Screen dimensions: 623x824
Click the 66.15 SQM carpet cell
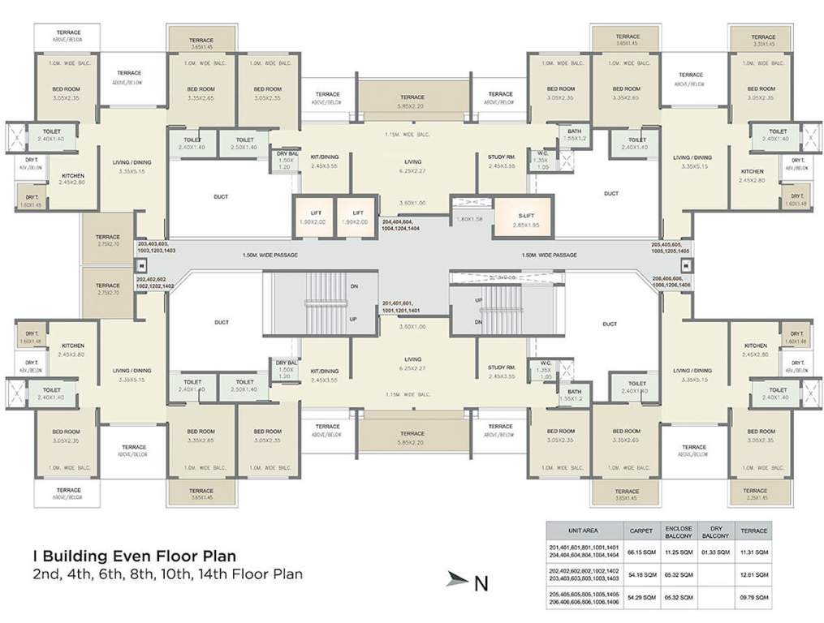tap(641, 552)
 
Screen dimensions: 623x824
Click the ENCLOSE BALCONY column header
tap(678, 531)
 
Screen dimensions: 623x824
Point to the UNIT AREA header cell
tap(584, 531)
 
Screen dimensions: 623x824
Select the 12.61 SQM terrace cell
tap(754, 574)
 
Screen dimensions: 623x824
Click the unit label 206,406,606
tap(671, 278)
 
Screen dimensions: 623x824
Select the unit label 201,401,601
tap(400, 303)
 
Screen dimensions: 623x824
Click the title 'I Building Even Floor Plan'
tap(135, 556)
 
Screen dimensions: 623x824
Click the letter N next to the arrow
tap(481, 580)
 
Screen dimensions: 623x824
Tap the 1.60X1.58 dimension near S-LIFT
tap(470, 218)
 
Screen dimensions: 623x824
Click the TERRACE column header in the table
tap(754, 531)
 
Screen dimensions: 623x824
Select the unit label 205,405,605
tap(671, 243)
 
